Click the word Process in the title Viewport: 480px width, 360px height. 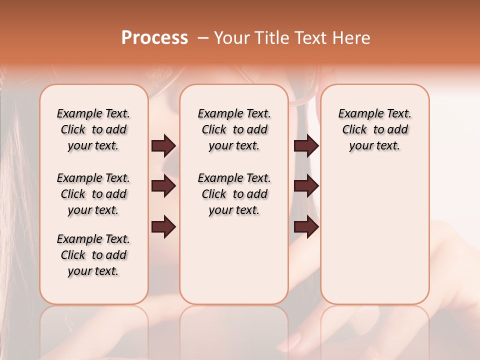point(154,38)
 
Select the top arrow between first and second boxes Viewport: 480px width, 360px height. point(163,145)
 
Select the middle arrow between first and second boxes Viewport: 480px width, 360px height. point(163,186)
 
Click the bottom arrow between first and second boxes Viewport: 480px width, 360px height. point(163,227)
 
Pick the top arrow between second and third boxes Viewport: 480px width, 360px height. point(306,145)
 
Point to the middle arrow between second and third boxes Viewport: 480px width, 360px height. point(306,186)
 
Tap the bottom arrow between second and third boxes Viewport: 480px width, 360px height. point(306,227)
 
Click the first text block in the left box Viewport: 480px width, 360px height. point(93,129)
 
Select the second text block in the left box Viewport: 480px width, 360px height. point(93,194)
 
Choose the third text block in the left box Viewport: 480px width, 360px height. point(93,255)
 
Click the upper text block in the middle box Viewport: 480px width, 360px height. point(234,129)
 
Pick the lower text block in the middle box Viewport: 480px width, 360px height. point(234,194)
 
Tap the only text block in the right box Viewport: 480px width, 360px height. point(374,129)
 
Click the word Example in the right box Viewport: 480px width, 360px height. point(357,114)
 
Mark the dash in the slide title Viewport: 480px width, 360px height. point(203,38)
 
